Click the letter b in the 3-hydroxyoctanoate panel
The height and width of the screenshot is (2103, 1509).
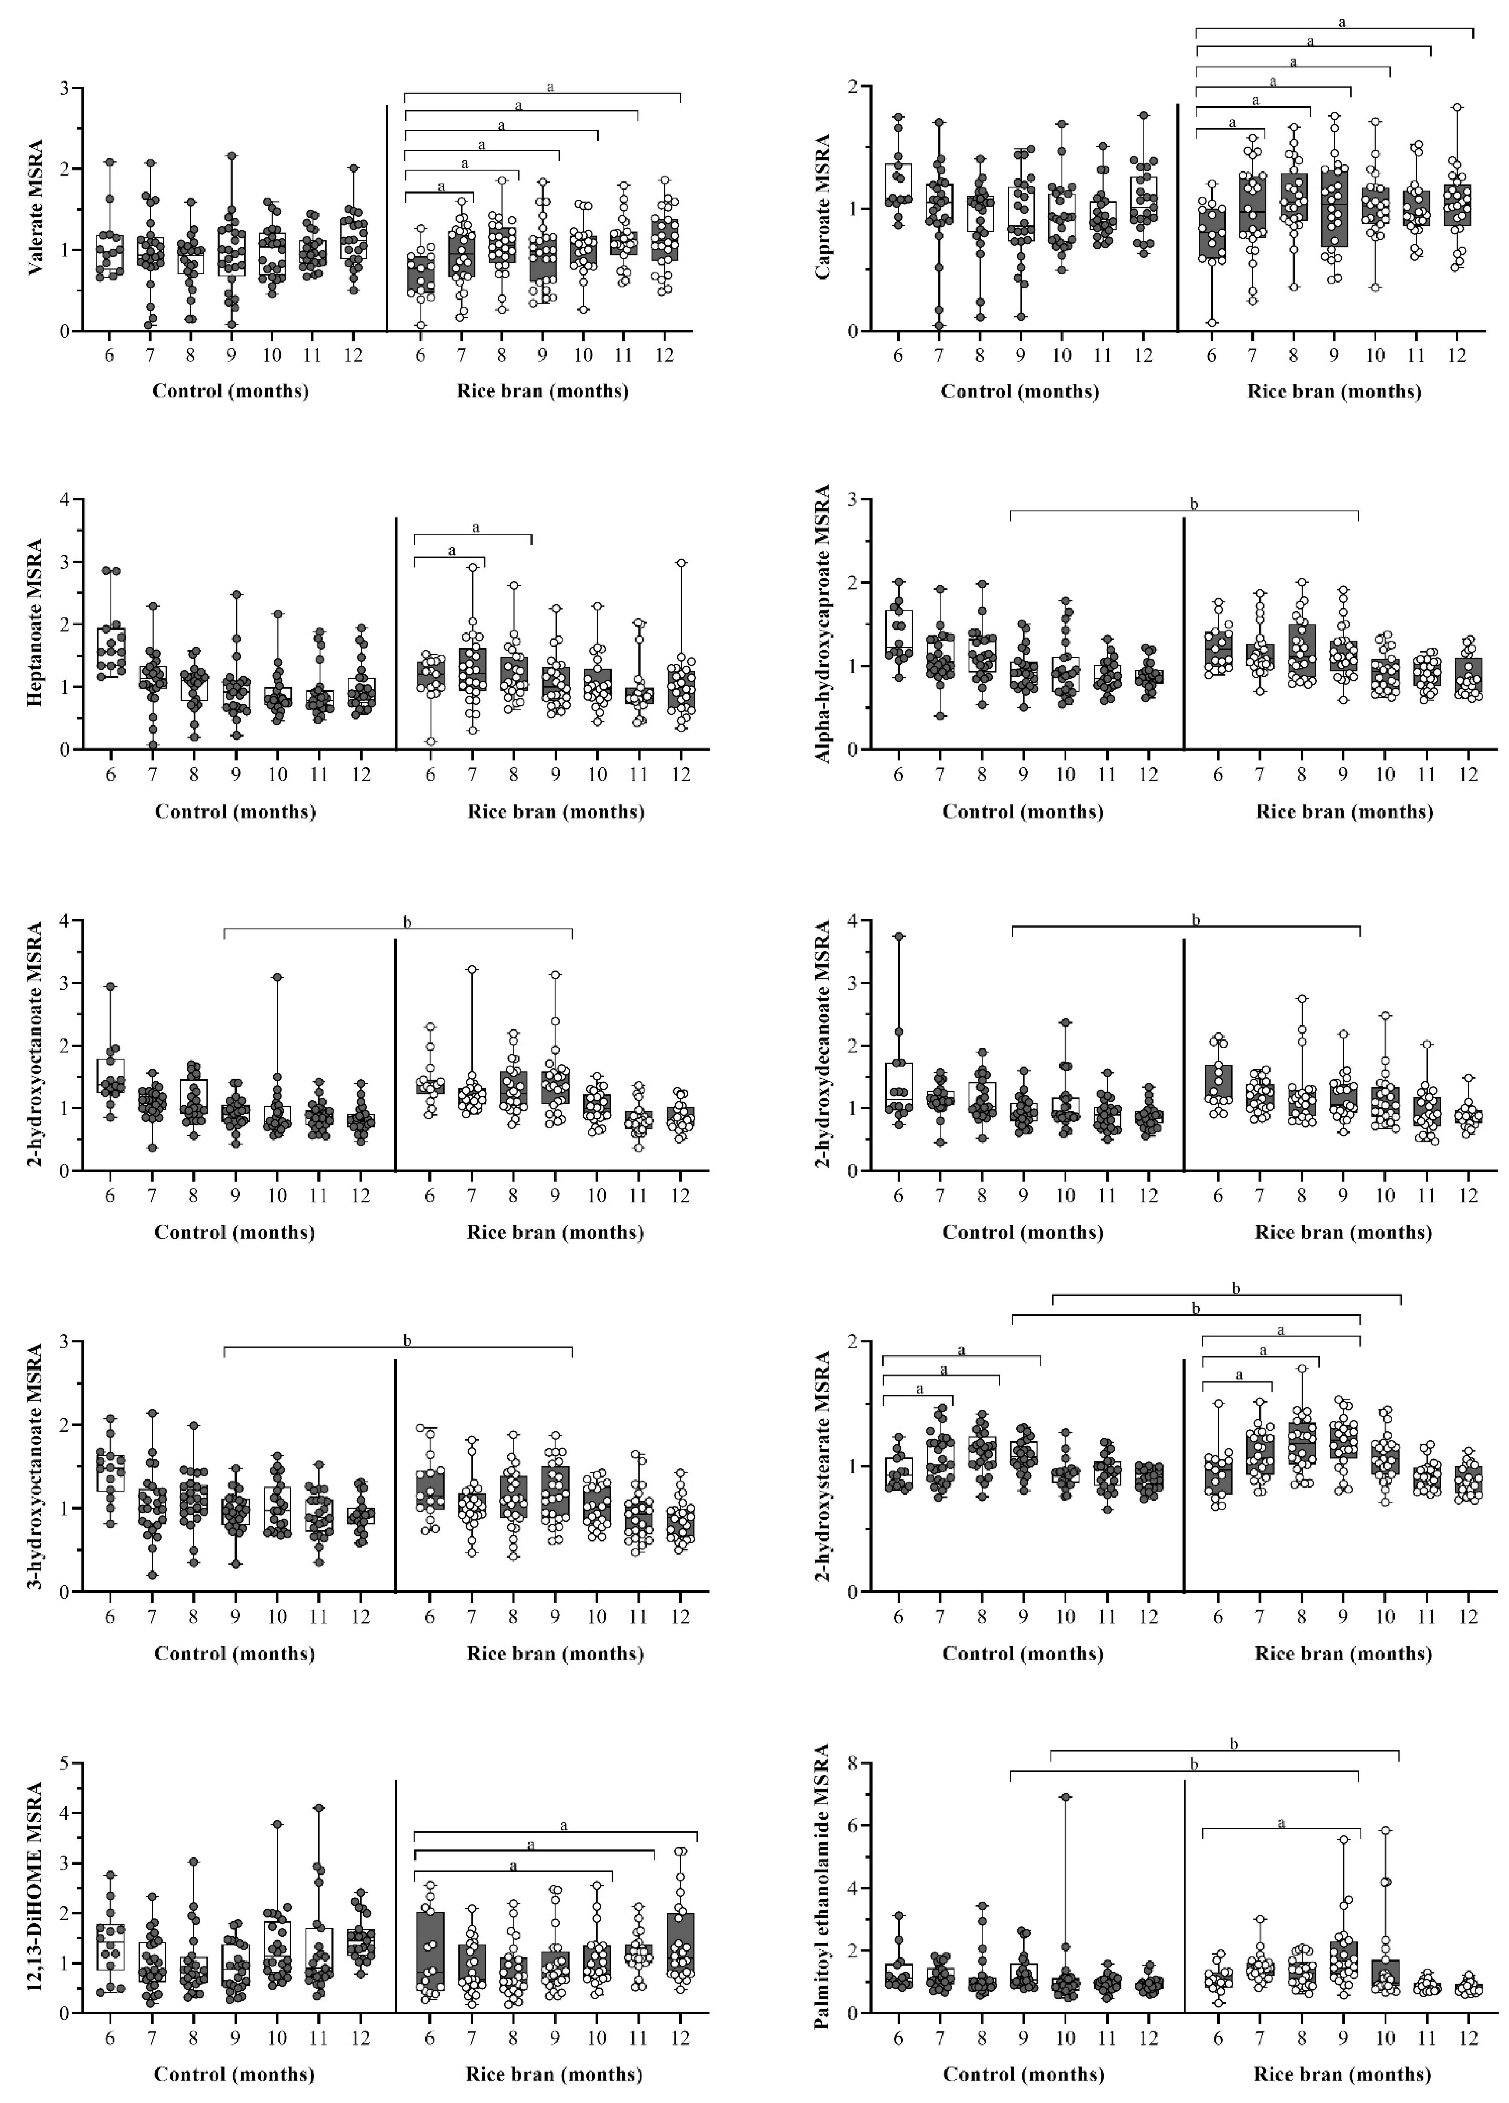tap(407, 1340)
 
